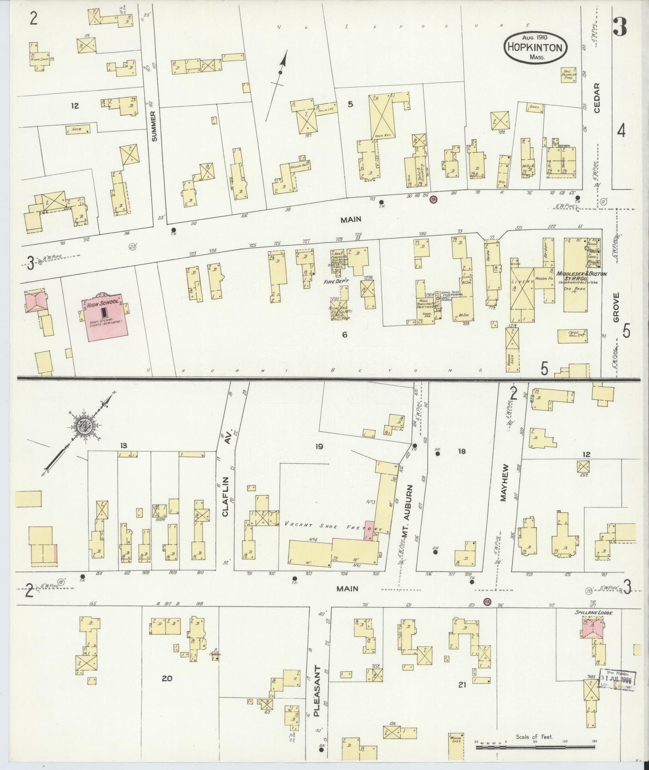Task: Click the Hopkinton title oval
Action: (535, 48)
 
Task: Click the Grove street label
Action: (616, 308)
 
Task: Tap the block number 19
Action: (319, 446)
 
